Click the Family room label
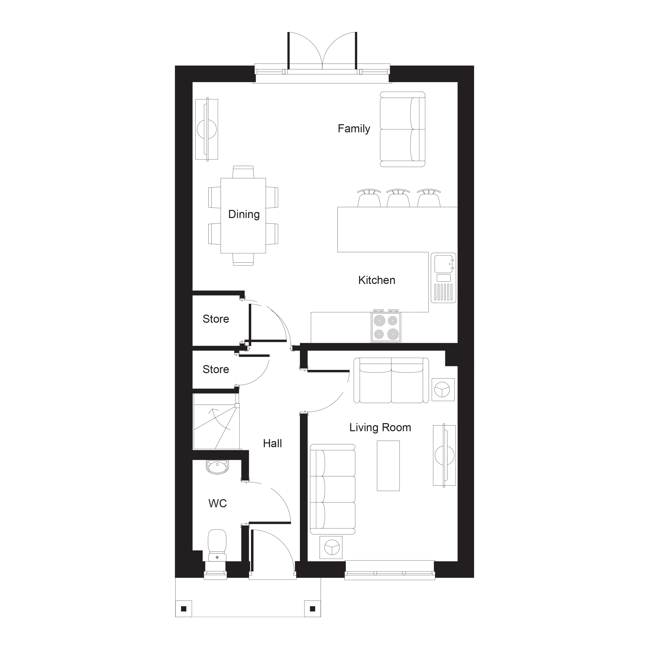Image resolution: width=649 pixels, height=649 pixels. (x=354, y=129)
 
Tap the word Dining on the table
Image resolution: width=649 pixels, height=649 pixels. (x=244, y=214)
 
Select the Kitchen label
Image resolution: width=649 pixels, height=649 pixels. (x=376, y=280)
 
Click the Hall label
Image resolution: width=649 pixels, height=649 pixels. (x=273, y=443)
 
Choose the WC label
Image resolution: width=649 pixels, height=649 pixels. (x=218, y=503)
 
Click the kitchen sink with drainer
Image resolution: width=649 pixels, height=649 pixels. (x=443, y=278)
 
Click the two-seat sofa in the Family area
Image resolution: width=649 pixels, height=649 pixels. (x=402, y=129)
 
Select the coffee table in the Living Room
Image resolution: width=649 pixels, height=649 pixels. (x=388, y=466)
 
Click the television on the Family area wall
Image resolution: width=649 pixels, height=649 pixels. (x=207, y=129)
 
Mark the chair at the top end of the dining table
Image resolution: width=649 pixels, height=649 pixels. (x=243, y=172)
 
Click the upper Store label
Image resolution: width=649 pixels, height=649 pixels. (x=216, y=319)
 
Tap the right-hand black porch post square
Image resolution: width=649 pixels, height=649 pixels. (x=312, y=609)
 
